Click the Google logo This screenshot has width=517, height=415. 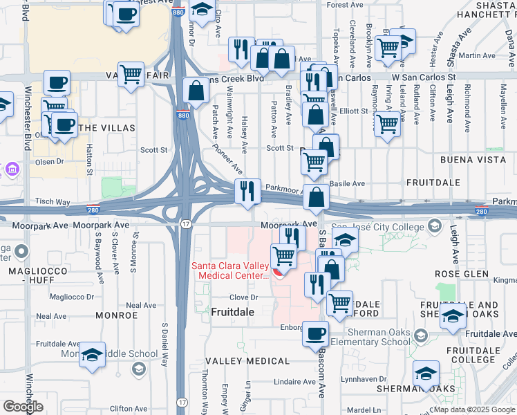23,407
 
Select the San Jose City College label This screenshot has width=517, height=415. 378,226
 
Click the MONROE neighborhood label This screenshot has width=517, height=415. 117,315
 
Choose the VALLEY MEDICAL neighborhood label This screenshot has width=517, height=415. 247,362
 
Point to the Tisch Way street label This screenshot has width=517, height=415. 53,202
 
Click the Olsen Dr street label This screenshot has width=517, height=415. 50,161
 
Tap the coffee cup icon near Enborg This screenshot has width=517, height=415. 316,333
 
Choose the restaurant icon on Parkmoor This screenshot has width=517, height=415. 247,190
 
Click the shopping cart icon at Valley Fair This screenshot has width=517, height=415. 130,73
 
